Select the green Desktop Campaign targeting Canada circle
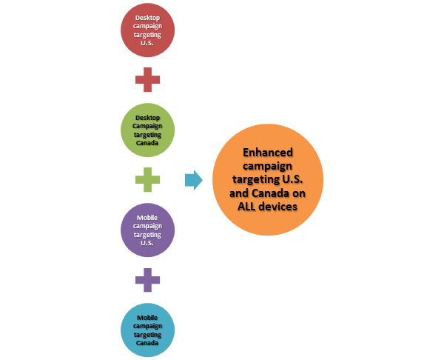click(x=147, y=129)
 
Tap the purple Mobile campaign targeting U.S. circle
click(x=147, y=229)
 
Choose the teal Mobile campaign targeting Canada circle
click(x=147, y=330)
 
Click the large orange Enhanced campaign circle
click(x=268, y=180)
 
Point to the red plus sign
click(x=147, y=80)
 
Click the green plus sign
click(x=147, y=179)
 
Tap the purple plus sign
click(x=147, y=279)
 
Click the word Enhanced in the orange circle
click(x=269, y=153)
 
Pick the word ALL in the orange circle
click(x=253, y=207)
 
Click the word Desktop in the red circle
click(x=148, y=16)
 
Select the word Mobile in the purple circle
click(x=147, y=216)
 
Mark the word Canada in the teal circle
click(x=148, y=344)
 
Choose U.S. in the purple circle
click(x=148, y=243)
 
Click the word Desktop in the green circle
click(x=148, y=117)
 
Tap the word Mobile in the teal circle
click(x=147, y=317)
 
